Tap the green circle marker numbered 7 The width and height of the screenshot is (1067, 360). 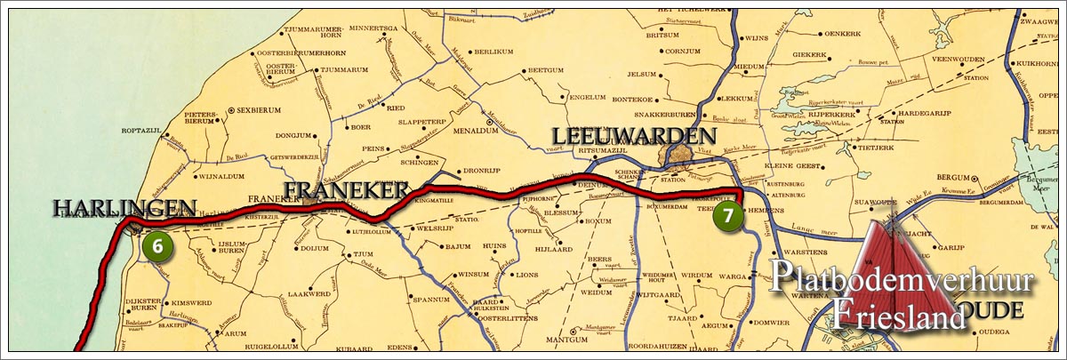point(728,215)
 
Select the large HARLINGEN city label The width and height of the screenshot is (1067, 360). point(124,209)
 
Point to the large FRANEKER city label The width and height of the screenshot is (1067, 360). point(345,189)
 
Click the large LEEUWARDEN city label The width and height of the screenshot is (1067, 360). point(634,136)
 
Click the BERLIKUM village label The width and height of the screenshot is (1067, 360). point(494,52)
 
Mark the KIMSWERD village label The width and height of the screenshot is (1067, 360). point(189,279)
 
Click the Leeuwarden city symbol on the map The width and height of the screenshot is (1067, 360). point(679,159)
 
